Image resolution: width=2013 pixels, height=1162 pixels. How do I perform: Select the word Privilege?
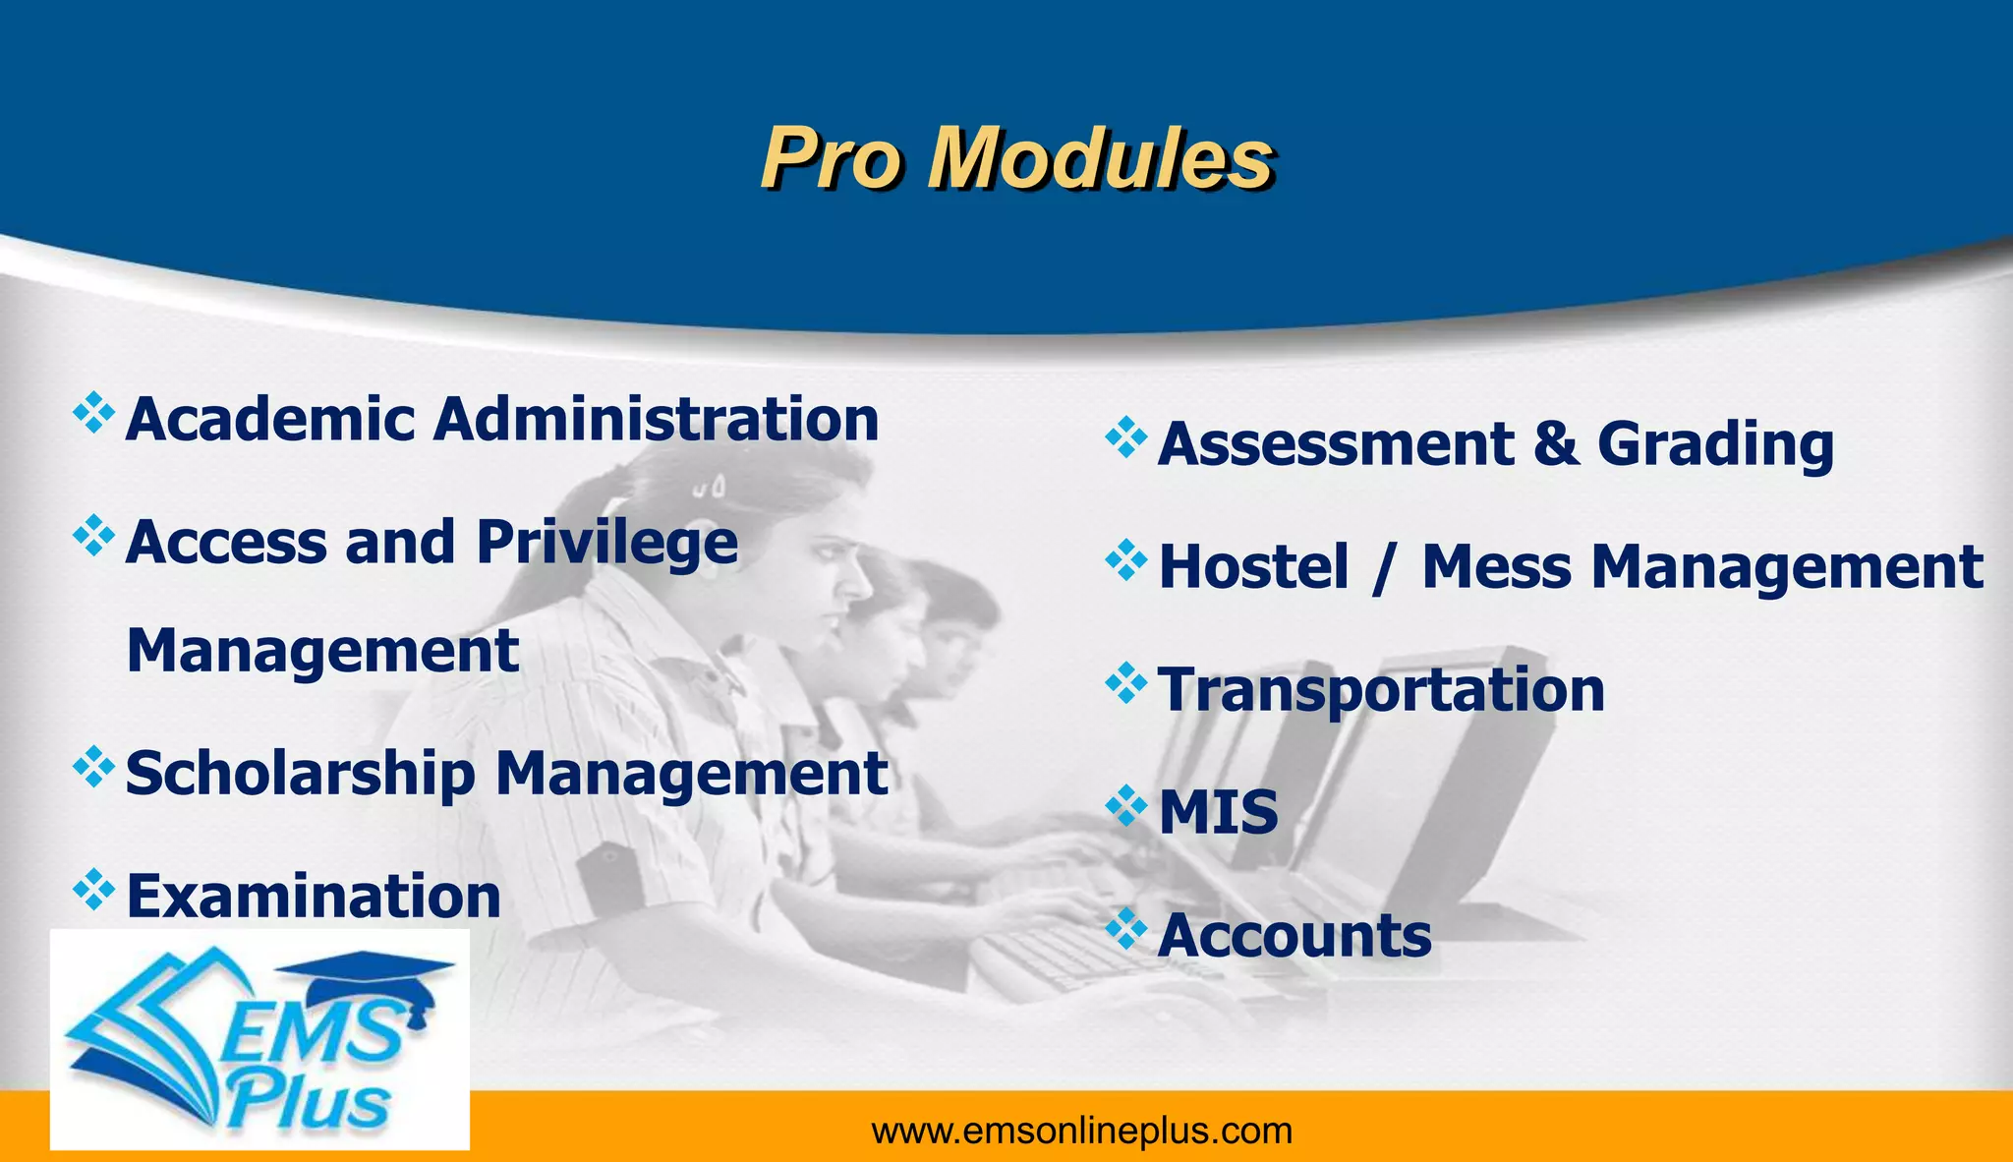point(606,543)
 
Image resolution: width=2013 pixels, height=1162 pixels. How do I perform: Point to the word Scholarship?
point(301,775)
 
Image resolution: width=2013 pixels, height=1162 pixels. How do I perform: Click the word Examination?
point(314,897)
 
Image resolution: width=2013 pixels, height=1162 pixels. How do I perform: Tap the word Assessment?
point(1336,444)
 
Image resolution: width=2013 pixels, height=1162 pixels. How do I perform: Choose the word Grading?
point(1715,444)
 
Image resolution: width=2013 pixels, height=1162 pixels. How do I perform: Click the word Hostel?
point(1253,567)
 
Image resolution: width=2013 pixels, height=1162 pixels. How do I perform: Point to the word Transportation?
point(1381,690)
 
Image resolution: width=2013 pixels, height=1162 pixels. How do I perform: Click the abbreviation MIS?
point(1218,813)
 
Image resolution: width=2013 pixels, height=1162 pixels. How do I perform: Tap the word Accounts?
point(1294,936)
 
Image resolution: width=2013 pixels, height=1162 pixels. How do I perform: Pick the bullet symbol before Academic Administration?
point(93,413)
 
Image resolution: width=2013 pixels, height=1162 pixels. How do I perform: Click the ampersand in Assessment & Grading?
point(1555,444)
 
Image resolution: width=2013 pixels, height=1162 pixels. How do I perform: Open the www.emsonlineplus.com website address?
point(1081,1132)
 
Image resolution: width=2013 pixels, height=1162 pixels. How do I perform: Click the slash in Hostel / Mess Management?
point(1385,569)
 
